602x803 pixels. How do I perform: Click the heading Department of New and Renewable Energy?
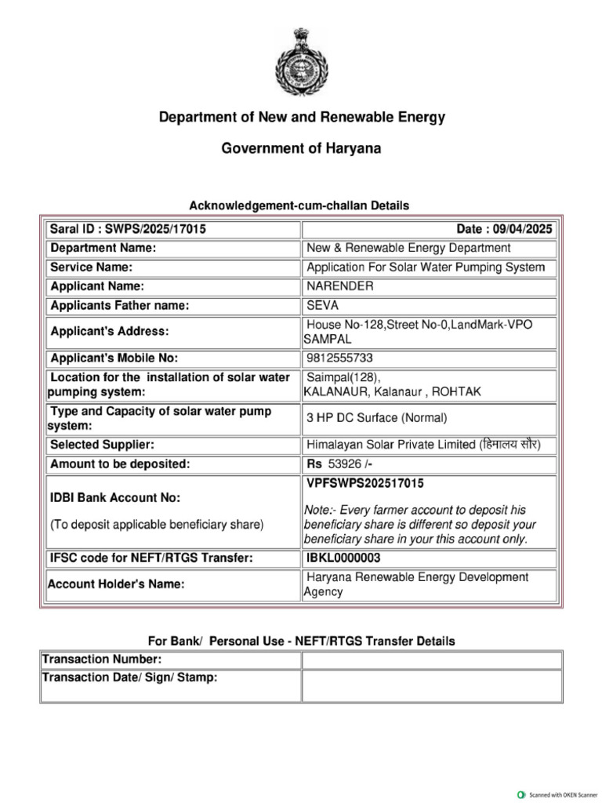pyautogui.click(x=302, y=118)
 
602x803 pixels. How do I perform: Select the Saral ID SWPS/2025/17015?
pyautogui.click(x=129, y=229)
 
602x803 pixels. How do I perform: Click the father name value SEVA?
pyautogui.click(x=323, y=306)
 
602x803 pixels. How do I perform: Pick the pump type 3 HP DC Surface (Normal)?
pyautogui.click(x=377, y=418)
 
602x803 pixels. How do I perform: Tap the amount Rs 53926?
pyautogui.click(x=337, y=464)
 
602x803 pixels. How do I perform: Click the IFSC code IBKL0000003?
pyautogui.click(x=343, y=558)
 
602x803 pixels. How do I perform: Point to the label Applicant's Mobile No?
pyautogui.click(x=114, y=358)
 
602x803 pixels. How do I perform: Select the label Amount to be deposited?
pyautogui.click(x=120, y=464)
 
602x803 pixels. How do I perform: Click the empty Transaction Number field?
pyautogui.click(x=431, y=660)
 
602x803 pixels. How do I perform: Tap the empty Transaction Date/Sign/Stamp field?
pyautogui.click(x=431, y=685)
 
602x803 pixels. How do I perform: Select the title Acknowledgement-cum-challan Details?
pyautogui.click(x=299, y=205)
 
